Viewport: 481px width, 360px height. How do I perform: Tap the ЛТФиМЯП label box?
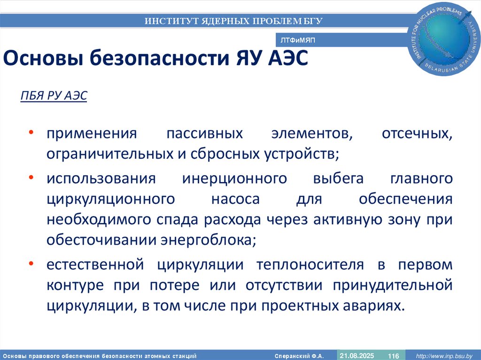[x=297, y=41]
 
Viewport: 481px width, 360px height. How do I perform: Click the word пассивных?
[x=205, y=133]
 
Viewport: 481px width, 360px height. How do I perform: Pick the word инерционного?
[x=234, y=179]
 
